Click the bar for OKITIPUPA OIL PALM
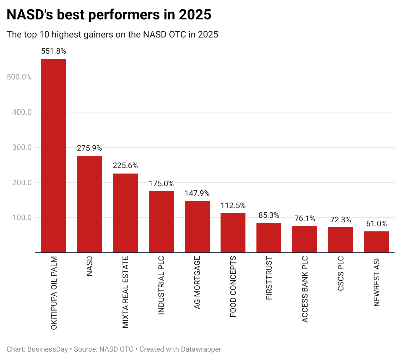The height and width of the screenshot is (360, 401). click(54, 155)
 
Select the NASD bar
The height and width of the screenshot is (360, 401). click(90, 204)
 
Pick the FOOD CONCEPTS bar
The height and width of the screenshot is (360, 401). click(233, 233)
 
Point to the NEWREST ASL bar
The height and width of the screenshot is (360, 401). click(376, 242)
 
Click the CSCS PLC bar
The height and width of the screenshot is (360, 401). click(341, 240)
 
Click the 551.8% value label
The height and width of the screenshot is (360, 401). click(54, 51)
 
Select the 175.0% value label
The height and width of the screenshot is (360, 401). click(161, 184)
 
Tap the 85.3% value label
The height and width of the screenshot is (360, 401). click(269, 215)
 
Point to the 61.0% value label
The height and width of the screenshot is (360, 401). click(376, 224)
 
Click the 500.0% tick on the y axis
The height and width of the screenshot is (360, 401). click(19, 77)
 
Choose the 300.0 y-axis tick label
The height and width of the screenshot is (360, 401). click(22, 147)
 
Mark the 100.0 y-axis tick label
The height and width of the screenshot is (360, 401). click(22, 217)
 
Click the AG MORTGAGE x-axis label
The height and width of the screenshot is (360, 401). click(197, 282)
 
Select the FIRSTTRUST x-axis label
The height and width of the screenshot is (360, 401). click(269, 278)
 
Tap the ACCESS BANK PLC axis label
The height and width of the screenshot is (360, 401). click(305, 289)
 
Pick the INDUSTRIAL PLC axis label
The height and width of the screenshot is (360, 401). click(161, 285)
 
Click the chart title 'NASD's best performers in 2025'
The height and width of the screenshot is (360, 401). click(109, 15)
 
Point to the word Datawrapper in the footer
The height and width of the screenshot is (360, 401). click(201, 349)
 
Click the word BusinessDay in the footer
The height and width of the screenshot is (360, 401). click(48, 349)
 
